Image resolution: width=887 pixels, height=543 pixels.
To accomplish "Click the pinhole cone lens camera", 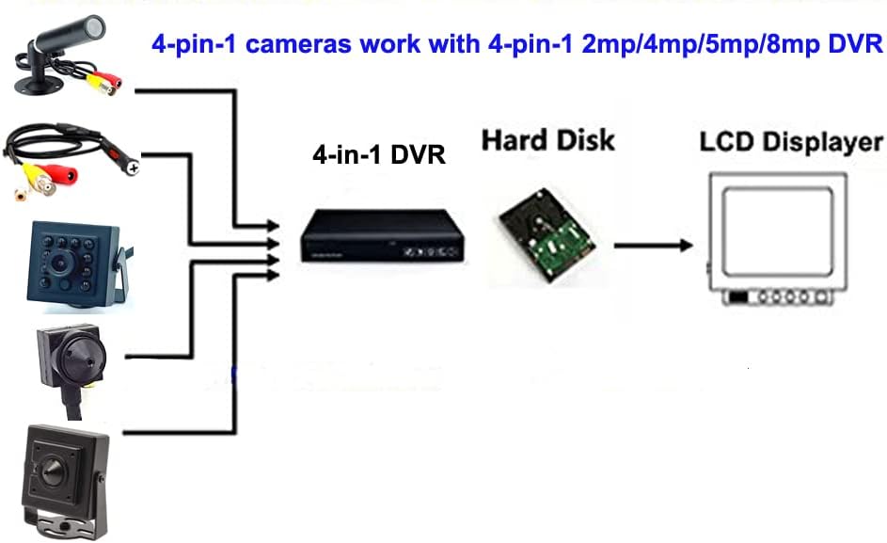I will pos(71,357).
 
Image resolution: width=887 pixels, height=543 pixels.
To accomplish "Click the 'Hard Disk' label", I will pos(547,140).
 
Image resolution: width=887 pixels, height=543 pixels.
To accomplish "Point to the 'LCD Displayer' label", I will pos(790,143).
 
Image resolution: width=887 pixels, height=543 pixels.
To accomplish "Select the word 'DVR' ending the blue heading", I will pos(858,44).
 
